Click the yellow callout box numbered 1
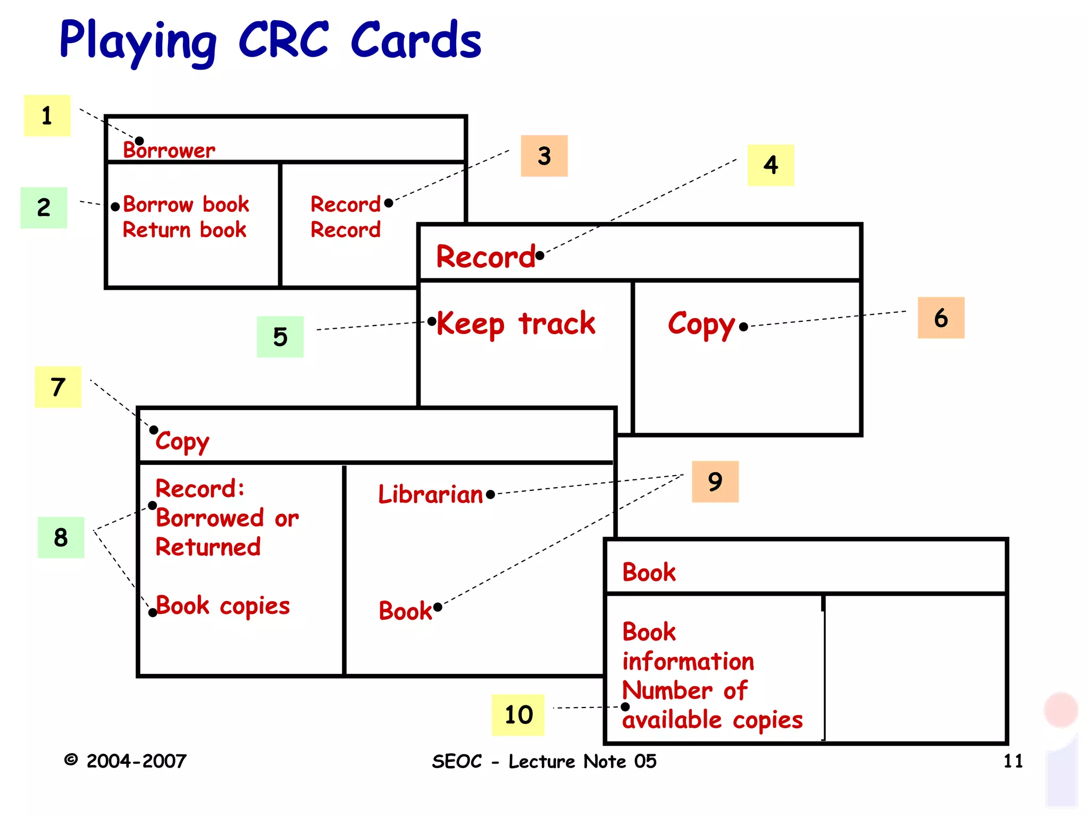coord(47,115)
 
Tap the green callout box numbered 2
coord(44,207)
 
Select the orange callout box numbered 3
coord(544,156)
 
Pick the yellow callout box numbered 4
coord(770,165)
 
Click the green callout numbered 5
coord(280,337)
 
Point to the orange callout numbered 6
coord(941,318)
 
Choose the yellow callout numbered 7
coord(58,387)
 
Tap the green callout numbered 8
coord(61,537)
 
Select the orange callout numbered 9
coord(715,481)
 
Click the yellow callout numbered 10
coord(518,715)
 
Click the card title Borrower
coord(169,150)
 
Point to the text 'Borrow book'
coord(186,204)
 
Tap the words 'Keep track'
coord(515,323)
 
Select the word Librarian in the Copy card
coord(430,494)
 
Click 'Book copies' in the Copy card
coord(223,606)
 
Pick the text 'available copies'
coord(712,720)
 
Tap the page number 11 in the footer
coord(1013,761)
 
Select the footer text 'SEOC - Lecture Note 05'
coord(544,761)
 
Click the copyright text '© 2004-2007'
coord(125,761)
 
